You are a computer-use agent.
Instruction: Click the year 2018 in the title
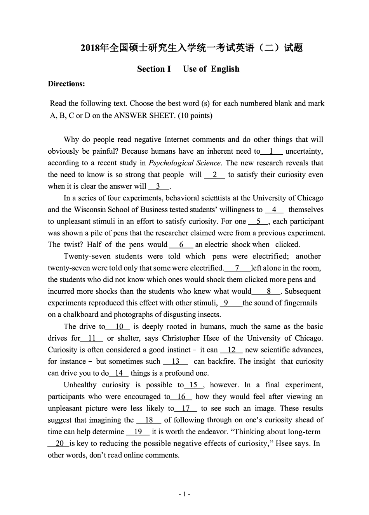click(90, 48)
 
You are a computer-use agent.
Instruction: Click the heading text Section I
click(154, 69)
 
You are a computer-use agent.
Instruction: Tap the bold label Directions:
click(66, 84)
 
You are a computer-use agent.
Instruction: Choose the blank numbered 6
click(181, 245)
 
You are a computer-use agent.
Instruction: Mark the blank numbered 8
click(268, 291)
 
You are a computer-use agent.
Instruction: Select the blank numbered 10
click(119, 327)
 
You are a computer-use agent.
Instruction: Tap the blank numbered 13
click(176, 362)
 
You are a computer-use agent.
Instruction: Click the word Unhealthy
click(80, 385)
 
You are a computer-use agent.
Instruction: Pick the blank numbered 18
click(149, 420)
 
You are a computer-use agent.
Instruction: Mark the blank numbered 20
click(59, 443)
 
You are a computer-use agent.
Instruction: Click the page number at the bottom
click(184, 494)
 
